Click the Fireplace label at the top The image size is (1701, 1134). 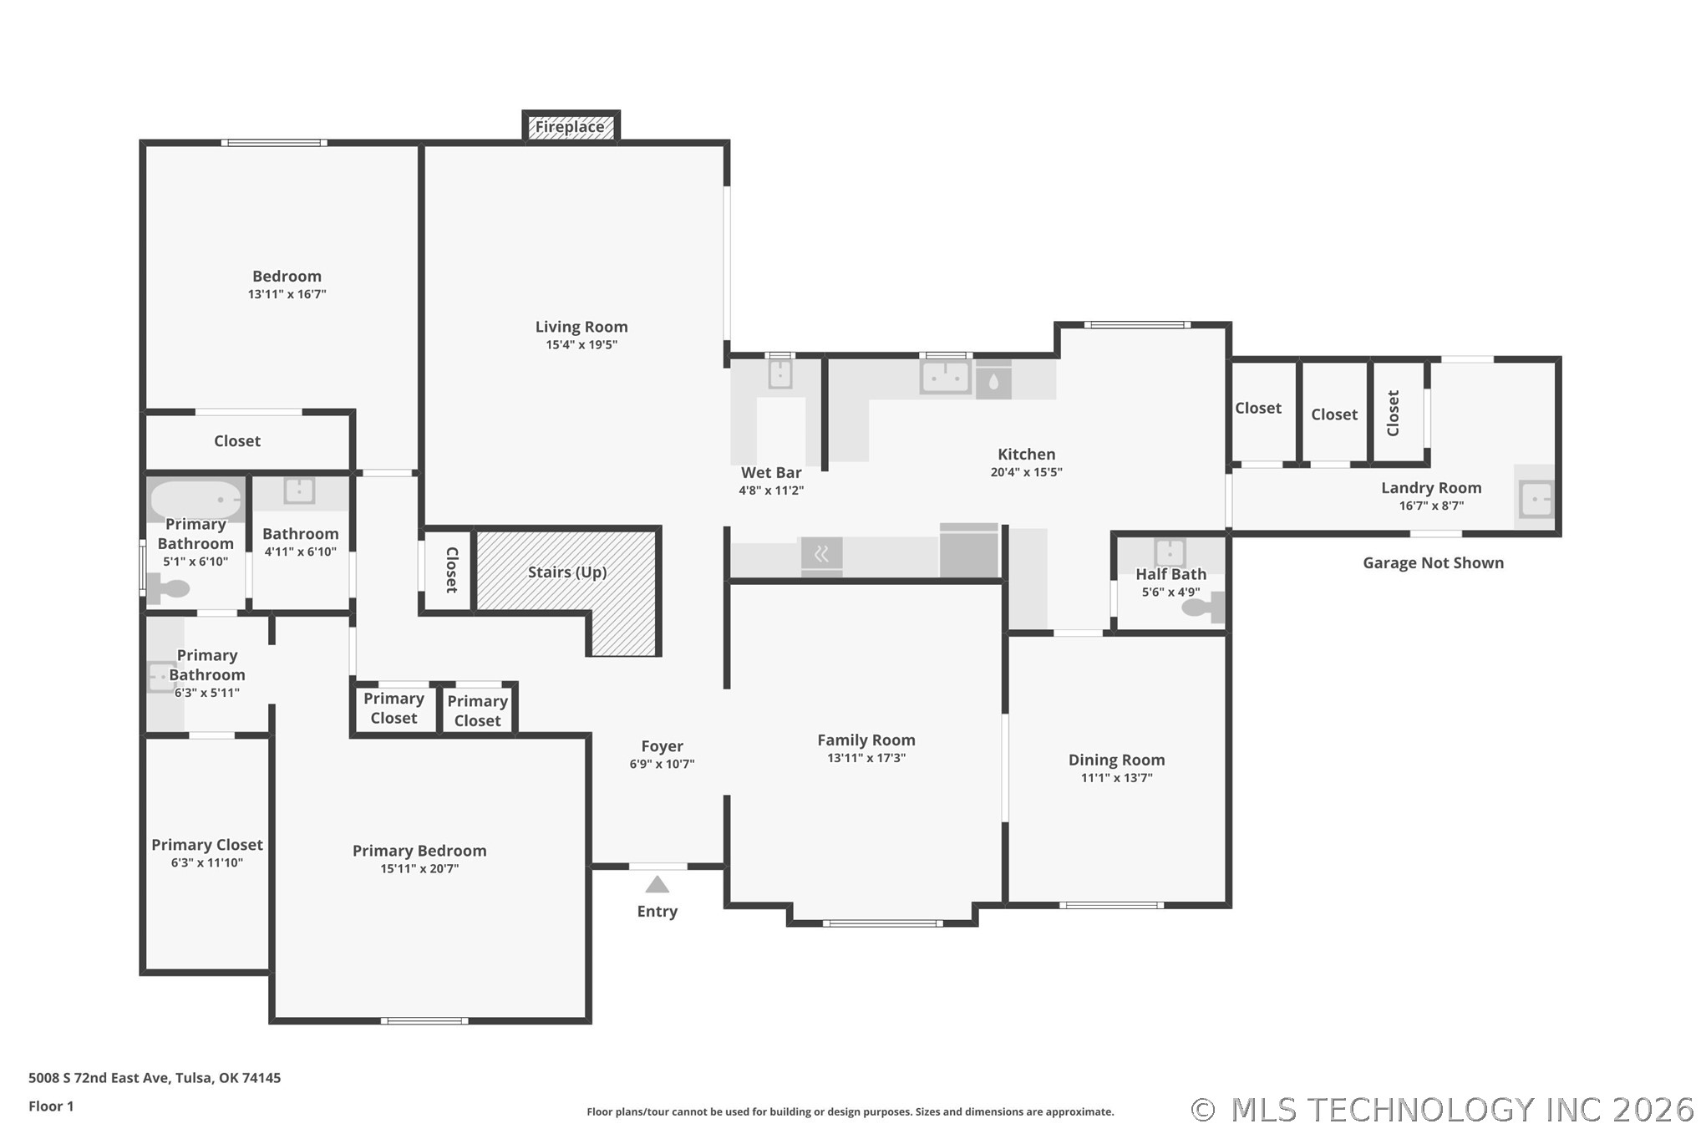570,127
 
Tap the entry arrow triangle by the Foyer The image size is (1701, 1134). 658,884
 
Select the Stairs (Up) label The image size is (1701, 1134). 567,572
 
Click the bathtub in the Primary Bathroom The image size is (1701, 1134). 196,499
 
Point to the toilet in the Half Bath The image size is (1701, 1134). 1204,608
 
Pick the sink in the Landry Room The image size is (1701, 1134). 1536,499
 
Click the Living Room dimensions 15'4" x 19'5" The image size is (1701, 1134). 581,345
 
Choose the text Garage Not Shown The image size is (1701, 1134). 1433,563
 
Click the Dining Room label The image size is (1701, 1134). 1116,760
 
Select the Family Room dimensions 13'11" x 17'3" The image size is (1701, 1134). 866,758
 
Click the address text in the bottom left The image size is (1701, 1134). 155,1078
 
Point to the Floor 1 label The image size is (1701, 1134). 51,1106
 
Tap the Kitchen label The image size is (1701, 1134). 1026,454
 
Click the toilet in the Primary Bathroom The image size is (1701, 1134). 169,588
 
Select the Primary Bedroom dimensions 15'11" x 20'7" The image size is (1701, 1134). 419,869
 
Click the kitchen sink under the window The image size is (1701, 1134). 945,377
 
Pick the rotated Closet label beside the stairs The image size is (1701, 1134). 452,570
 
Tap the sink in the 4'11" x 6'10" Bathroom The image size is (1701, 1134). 299,491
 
